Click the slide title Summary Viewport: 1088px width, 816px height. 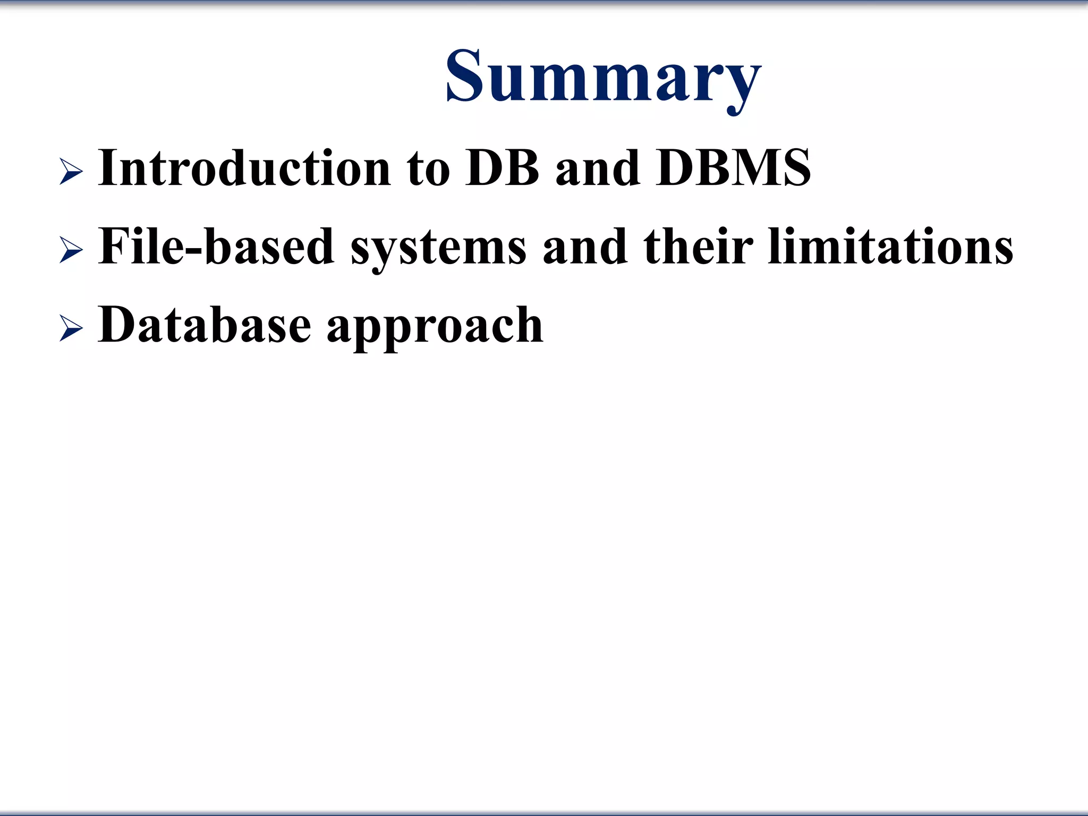click(603, 77)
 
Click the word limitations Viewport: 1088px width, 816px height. click(890, 246)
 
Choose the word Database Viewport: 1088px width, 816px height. click(205, 325)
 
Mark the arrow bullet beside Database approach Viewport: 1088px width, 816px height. click(71, 329)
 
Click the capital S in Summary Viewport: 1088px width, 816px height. click(463, 75)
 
